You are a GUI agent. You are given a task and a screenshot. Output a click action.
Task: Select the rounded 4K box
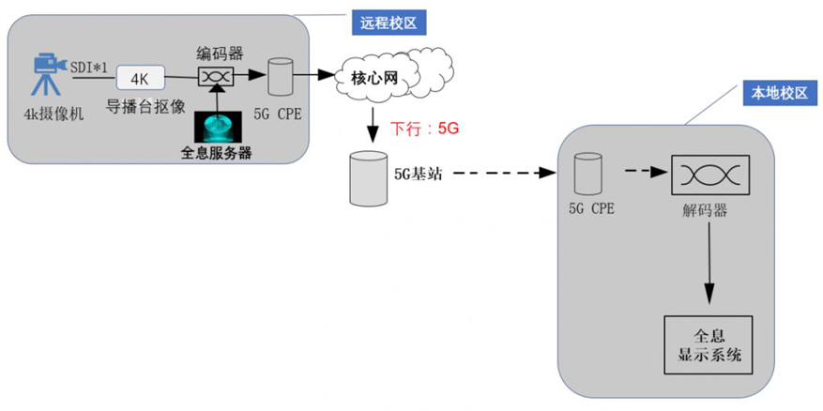141,78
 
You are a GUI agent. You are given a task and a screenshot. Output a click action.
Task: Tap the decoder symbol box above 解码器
709,174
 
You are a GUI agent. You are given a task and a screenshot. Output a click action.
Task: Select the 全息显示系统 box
709,344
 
